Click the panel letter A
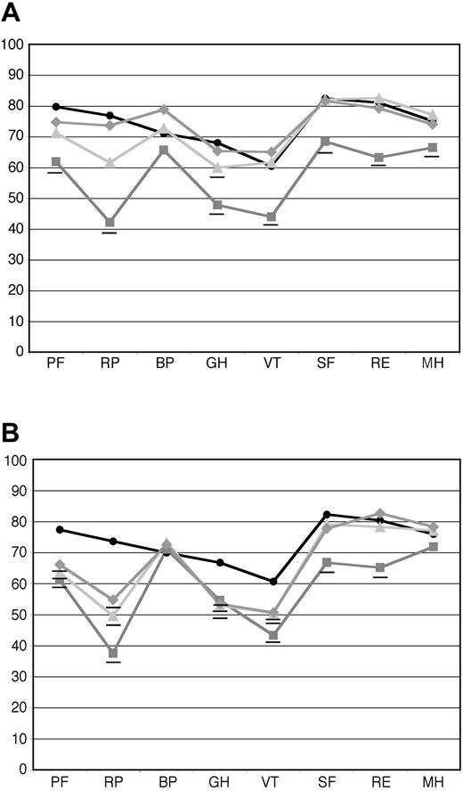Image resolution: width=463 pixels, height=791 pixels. coord(12,13)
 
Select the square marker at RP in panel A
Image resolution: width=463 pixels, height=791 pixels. coord(110,223)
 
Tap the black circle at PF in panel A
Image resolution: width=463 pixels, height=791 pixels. coord(56,107)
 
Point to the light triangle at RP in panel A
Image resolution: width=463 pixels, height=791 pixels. coord(110,163)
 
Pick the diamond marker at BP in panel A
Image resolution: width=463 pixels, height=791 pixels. coord(163,110)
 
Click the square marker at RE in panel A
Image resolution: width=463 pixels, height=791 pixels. coord(378,158)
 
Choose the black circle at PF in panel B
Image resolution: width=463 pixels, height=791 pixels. coord(60,529)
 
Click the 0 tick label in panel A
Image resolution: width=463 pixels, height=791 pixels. coord(18,352)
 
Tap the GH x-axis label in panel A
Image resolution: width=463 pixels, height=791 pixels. coord(217,366)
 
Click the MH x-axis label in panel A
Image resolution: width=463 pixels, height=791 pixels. coord(432,366)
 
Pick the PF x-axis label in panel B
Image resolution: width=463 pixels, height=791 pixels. coord(60,784)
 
